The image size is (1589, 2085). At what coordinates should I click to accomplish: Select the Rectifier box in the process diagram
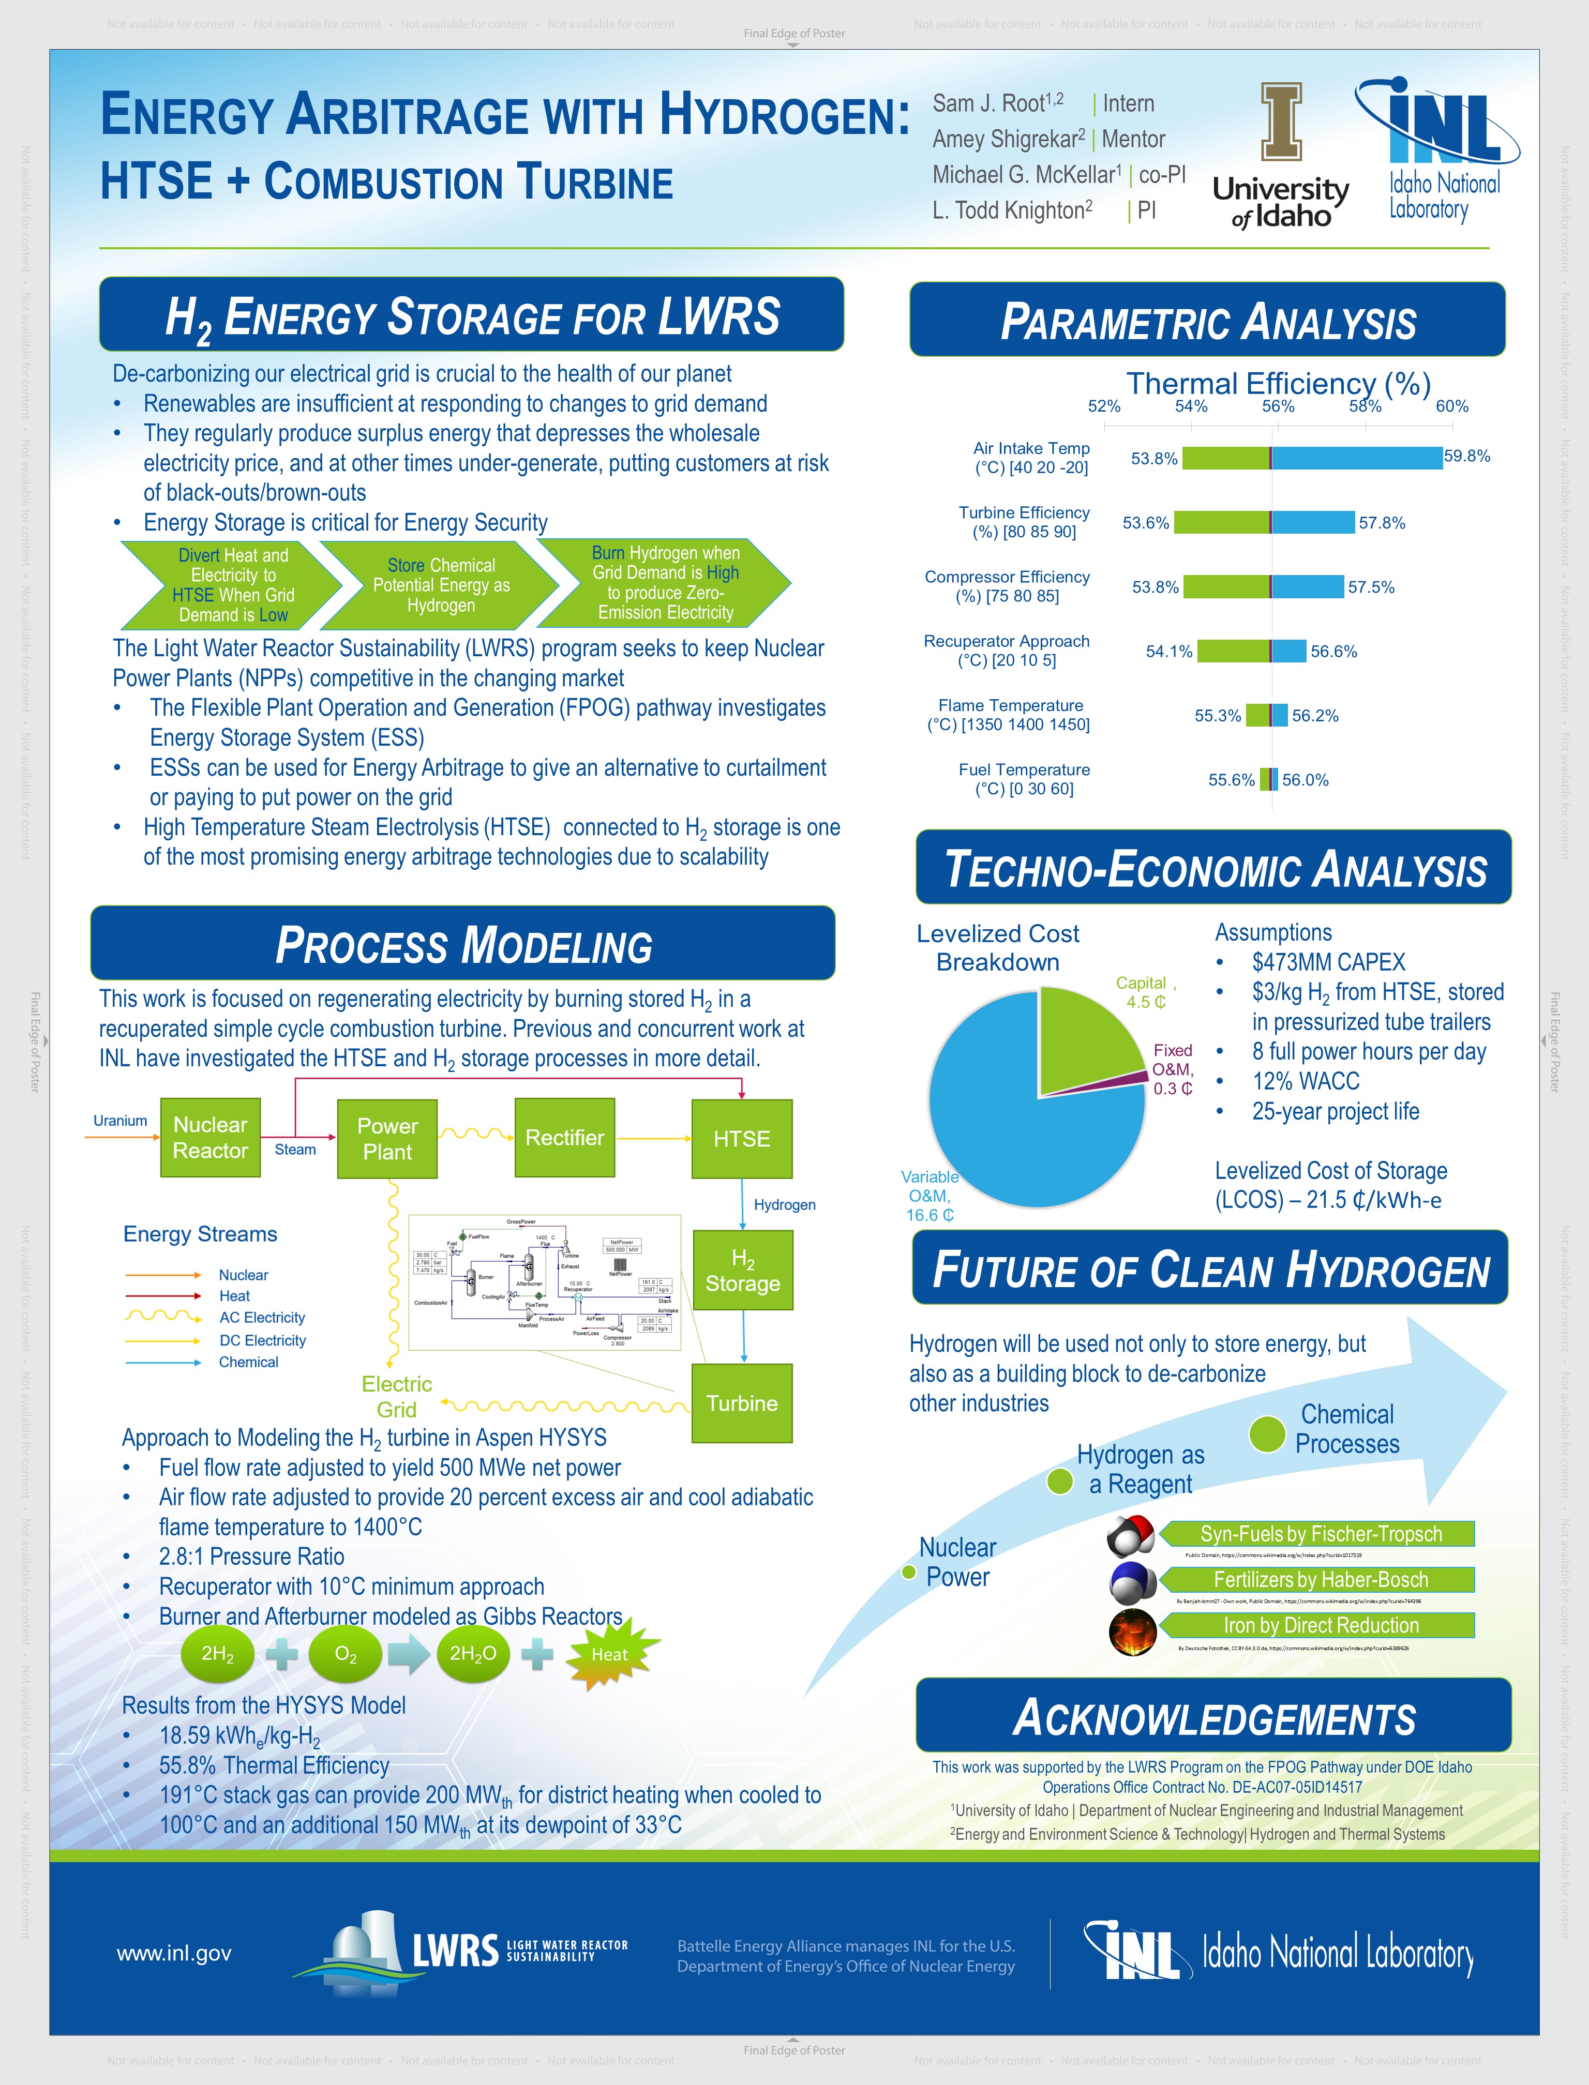(565, 1138)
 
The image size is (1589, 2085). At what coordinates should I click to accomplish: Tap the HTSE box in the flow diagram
(742, 1139)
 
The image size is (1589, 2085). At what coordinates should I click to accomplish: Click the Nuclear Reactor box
(210, 1138)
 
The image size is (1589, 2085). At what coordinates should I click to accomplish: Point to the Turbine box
(742, 1402)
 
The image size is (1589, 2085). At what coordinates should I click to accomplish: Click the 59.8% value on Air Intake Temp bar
(1466, 456)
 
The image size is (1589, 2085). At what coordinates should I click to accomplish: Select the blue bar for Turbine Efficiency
(1313, 522)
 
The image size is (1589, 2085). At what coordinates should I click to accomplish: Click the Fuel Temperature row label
(1024, 779)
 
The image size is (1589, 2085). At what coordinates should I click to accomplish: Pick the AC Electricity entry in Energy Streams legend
(261, 1317)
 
